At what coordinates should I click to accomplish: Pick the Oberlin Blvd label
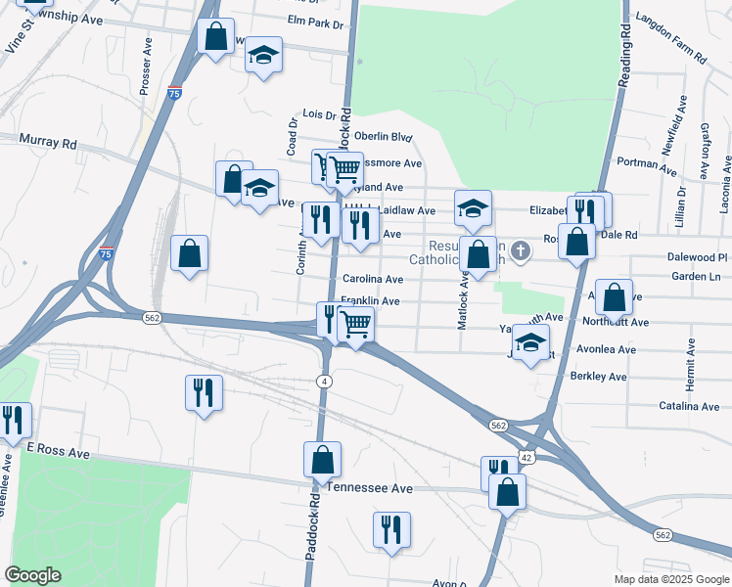tap(384, 138)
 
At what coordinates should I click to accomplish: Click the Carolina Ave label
tap(373, 280)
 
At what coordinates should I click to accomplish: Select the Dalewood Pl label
tap(695, 257)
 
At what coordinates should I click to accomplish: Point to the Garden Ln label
tap(696, 277)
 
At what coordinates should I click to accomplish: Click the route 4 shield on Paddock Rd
tap(324, 380)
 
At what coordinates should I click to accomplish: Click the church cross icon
tap(521, 251)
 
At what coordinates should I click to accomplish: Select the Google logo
tap(32, 574)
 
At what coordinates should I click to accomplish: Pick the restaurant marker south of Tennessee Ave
tap(391, 531)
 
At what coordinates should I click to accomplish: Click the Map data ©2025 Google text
tap(670, 579)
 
